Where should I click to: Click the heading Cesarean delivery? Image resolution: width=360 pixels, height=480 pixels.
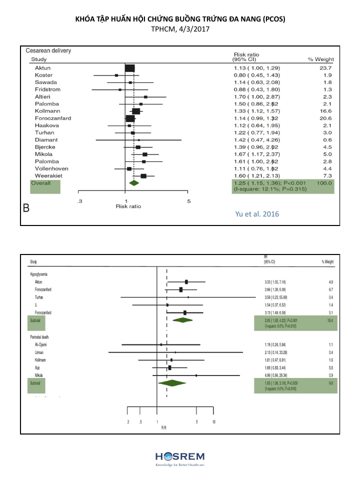tap(52, 51)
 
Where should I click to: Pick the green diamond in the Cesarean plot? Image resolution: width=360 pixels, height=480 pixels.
tap(133, 183)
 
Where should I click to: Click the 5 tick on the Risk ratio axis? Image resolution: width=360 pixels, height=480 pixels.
tap(188, 201)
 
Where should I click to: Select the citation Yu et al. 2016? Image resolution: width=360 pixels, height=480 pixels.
tap(257, 214)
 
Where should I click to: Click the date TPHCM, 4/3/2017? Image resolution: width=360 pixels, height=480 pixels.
tap(179, 29)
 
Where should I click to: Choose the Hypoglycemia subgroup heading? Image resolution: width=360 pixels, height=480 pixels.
tap(39, 274)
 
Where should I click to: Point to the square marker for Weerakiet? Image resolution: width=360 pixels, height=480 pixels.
tap(143, 176)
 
